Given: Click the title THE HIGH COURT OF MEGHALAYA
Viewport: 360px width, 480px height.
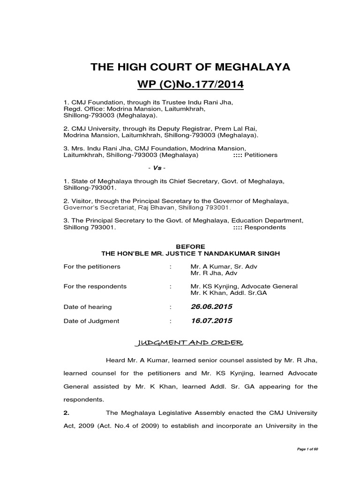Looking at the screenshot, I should click(190, 67).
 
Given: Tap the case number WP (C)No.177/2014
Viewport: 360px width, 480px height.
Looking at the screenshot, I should click(190, 86).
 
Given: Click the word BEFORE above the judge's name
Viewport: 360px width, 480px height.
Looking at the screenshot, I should click(190, 246).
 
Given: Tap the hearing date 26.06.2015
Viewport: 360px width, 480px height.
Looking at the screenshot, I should click(211, 307).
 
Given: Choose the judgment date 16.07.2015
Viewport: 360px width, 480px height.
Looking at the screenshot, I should click(211, 321).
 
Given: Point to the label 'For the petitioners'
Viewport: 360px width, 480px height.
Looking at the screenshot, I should click(92, 266).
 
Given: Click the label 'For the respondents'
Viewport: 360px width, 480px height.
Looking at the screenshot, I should click(95, 286).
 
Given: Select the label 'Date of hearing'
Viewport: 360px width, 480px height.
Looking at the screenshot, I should click(88, 307).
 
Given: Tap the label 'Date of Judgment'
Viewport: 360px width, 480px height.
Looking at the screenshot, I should click(91, 321).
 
